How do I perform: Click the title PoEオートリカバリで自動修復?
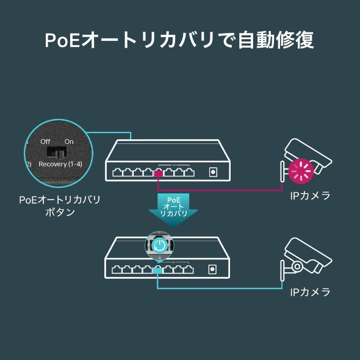pos(179,40)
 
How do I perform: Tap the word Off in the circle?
pos(45,142)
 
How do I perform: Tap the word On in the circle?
pos(69,142)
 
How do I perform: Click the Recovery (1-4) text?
pos(61,164)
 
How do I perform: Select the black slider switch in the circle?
pos(58,151)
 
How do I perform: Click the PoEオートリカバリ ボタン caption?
pos(59,206)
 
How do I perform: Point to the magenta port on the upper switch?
pos(157,173)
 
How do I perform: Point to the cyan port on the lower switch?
pos(157,269)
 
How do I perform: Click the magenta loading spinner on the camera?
pos(301,171)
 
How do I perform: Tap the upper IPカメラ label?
pos(310,196)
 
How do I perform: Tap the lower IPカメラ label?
pos(310,292)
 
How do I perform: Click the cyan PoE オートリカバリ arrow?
pos(173,209)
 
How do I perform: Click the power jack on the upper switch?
pos(213,172)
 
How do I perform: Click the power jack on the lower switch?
pos(213,268)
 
